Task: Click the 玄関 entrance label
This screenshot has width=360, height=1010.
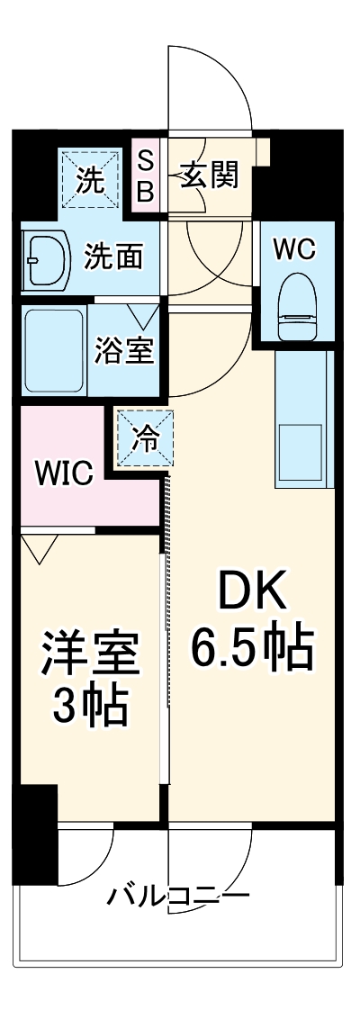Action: pos(211,176)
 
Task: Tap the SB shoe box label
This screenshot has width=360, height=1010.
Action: pos(146,176)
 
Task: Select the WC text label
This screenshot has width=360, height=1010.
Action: pos(295,248)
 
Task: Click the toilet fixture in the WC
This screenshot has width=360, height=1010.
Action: pos(295,306)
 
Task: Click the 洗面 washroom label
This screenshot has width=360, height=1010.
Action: pos(113,257)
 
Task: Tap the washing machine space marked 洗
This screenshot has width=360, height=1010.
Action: pos(89,179)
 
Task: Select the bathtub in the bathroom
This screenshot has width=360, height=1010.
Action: pos(53,351)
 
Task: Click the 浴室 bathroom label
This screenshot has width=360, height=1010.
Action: pos(124,351)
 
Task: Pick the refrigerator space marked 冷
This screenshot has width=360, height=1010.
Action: pos(144,440)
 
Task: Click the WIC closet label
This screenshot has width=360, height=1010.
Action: pos(63,473)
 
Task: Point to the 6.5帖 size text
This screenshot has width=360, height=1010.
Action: pos(252,646)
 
